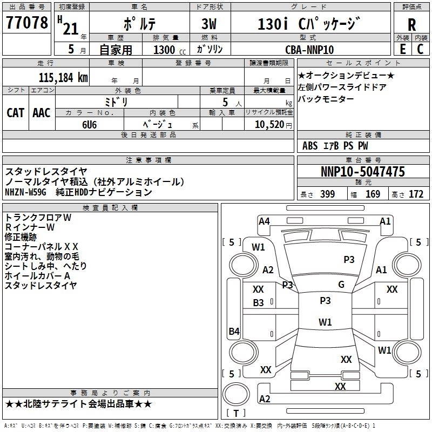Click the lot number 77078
(26, 22)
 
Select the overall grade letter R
(411, 24)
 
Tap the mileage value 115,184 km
(63, 77)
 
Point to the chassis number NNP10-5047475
(363, 171)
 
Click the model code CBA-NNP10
(309, 50)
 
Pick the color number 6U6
(90, 125)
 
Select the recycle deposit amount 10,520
(269, 125)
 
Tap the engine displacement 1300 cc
(170, 50)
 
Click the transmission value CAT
(16, 113)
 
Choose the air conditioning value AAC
(42, 113)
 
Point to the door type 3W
(209, 24)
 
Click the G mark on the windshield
(341, 284)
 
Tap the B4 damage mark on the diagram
(234, 331)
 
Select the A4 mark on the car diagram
(264, 221)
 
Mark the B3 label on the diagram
(258, 303)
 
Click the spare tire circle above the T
(236, 394)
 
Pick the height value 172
(416, 194)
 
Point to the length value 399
(327, 194)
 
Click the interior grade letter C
(420, 49)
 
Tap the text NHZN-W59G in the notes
(25, 192)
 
